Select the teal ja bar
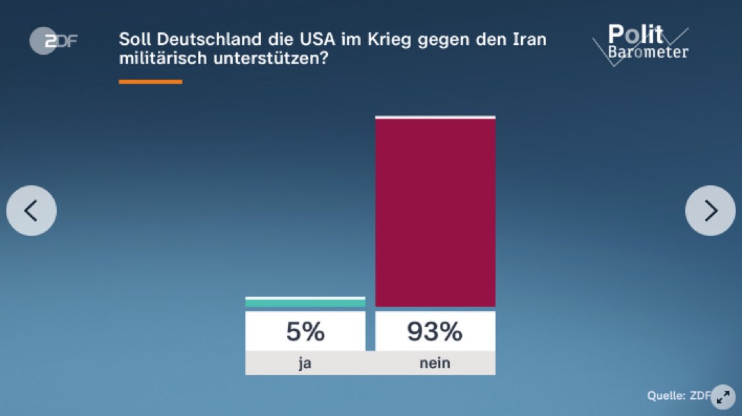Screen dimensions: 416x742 (305, 302)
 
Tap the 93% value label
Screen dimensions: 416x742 (435, 332)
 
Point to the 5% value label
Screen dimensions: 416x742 (305, 332)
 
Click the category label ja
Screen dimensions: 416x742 (305, 363)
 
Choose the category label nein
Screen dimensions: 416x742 (435, 363)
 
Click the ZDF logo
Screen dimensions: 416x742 (53, 41)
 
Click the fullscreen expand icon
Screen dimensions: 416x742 (723, 396)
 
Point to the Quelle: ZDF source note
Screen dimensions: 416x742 (678, 396)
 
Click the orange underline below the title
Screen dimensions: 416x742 (150, 82)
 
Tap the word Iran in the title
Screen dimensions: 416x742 (528, 39)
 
